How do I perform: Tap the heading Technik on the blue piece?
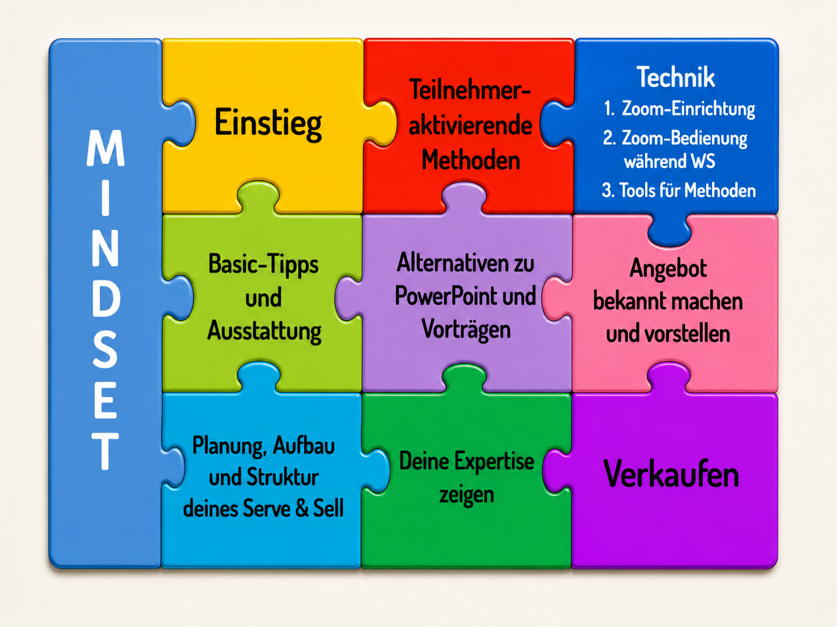pyautogui.click(x=676, y=77)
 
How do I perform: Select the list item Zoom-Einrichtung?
pyautogui.click(x=688, y=109)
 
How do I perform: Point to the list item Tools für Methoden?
pyautogui.click(x=687, y=190)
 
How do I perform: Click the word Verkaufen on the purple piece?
pyautogui.click(x=671, y=473)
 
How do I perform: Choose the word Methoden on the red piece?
pyautogui.click(x=471, y=160)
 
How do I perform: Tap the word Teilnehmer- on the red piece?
pyautogui.click(x=470, y=90)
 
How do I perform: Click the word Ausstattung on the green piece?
pyautogui.click(x=264, y=331)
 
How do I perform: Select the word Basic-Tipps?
pyautogui.click(x=264, y=264)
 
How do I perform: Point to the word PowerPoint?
pyautogui.click(x=446, y=296)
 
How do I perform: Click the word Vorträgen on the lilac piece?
pyautogui.click(x=466, y=329)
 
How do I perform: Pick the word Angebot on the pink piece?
pyautogui.click(x=668, y=269)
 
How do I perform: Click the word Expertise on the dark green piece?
pyautogui.click(x=494, y=462)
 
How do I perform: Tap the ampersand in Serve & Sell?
pyautogui.click(x=302, y=508)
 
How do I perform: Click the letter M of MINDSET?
pyautogui.click(x=106, y=148)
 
